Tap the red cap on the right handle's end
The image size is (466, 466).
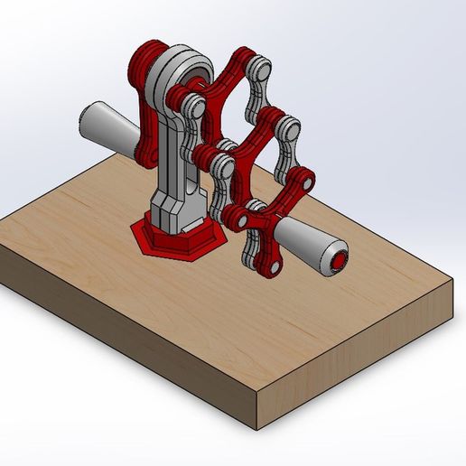(x=340, y=262)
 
